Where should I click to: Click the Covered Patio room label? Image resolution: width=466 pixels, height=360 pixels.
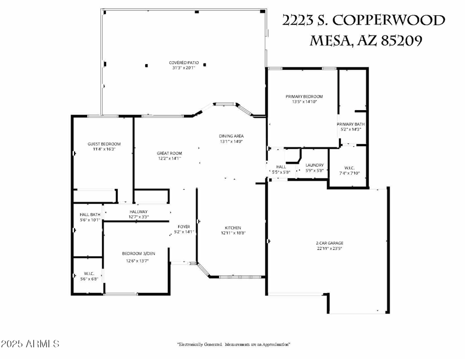tap(182, 62)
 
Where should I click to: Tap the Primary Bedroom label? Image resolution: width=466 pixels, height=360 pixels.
tap(303, 96)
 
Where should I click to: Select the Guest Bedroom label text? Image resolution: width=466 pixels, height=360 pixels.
tap(104, 144)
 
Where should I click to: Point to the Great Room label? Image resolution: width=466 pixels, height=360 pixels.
tap(169, 153)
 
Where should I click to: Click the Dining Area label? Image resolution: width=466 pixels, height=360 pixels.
tap(231, 136)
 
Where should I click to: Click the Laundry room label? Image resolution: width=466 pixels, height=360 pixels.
tap(314, 165)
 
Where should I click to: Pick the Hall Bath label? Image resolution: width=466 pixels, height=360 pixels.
tap(90, 214)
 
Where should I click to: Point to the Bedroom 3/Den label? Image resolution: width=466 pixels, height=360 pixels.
tap(139, 253)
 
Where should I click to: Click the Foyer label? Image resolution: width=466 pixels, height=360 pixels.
tap(184, 227)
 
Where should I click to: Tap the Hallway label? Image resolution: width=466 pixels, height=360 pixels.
tap(139, 211)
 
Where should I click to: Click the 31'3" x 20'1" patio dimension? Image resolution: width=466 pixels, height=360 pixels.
tap(182, 68)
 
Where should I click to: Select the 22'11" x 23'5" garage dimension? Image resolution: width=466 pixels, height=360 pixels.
tap(329, 249)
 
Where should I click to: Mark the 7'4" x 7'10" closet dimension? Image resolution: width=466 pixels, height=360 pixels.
tap(349, 173)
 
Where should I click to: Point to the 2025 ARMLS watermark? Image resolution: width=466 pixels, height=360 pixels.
tap(30, 344)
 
